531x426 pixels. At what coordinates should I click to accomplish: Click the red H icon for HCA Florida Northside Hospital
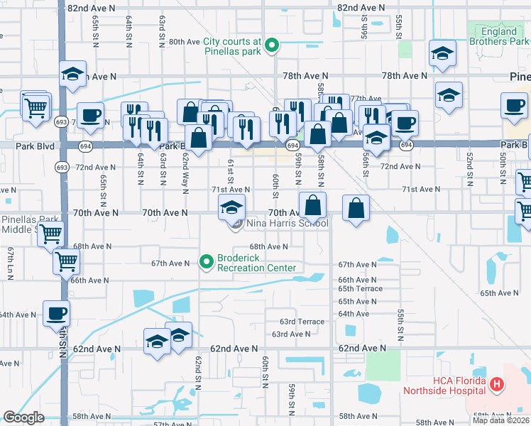click(x=497, y=386)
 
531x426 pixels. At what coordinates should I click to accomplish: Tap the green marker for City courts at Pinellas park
click(x=270, y=47)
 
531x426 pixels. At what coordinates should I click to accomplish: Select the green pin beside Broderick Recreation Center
click(x=207, y=263)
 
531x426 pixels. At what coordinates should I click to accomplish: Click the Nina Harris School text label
click(x=288, y=224)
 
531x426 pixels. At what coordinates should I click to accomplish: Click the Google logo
click(x=23, y=417)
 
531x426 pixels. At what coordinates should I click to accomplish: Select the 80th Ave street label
click(x=184, y=42)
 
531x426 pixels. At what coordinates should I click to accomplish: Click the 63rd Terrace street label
click(x=302, y=322)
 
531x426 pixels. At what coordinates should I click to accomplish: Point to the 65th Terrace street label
click(x=360, y=289)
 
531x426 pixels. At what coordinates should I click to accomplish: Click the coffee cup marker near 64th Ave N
click(x=56, y=312)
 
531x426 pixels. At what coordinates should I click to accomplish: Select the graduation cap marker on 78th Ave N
click(x=72, y=75)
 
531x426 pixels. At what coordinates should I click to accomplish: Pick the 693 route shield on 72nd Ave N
click(x=61, y=167)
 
